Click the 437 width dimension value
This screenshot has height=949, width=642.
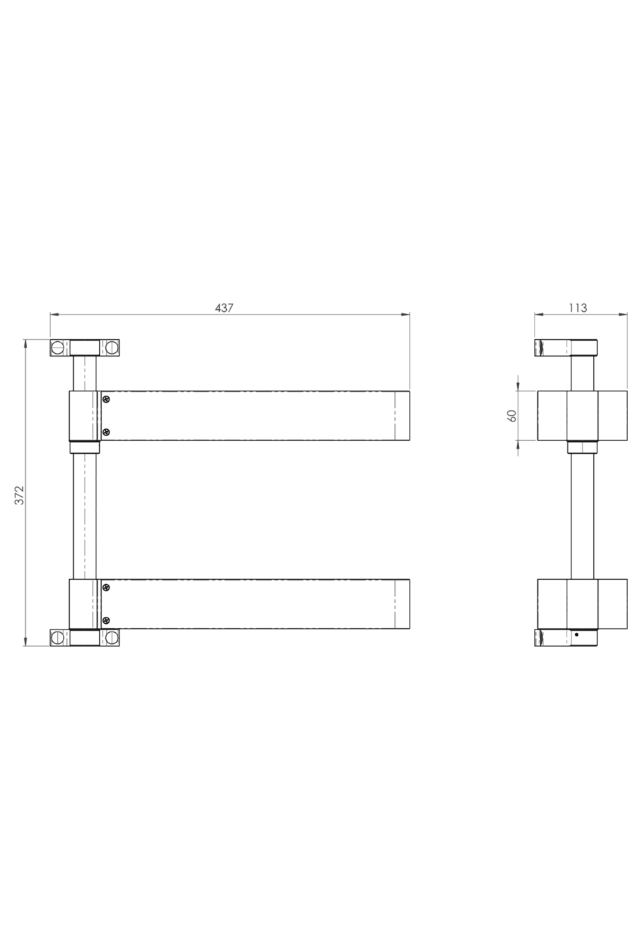coord(223,307)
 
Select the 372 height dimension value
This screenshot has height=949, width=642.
coord(19,495)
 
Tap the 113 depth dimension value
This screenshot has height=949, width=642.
coord(578,307)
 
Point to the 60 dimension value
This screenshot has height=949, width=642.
coord(512,415)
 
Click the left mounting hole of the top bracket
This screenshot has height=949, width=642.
coord(58,347)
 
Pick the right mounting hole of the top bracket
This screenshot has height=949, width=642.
coord(111,347)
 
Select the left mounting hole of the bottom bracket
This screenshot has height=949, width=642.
coord(58,637)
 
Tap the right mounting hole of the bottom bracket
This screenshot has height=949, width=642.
coord(111,637)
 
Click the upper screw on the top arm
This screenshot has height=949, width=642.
coord(106,400)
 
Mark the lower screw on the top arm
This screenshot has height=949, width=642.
coord(106,432)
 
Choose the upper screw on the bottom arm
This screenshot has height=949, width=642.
coord(106,589)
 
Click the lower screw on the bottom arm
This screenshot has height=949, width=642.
coord(106,620)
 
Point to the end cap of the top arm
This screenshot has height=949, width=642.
coord(402,416)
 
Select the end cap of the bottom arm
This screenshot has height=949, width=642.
coord(402,604)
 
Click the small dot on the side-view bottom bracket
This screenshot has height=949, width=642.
coord(576,635)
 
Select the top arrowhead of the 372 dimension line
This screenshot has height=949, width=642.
coord(26,343)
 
